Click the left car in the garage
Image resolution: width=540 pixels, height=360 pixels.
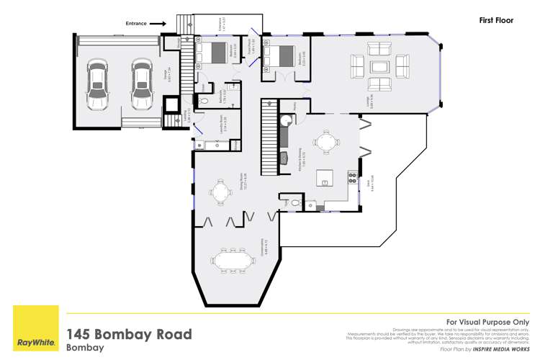[97, 82]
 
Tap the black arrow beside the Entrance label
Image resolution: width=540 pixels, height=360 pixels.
[158, 24]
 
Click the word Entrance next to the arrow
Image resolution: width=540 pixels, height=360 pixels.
[135, 24]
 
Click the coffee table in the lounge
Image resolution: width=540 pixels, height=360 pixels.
[379, 66]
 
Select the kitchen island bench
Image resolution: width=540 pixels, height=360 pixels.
[325, 177]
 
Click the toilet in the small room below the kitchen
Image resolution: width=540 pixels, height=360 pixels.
[295, 204]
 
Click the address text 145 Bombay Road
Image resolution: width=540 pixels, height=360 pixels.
[130, 334]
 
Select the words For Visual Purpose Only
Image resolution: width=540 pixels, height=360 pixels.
[487, 322]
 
